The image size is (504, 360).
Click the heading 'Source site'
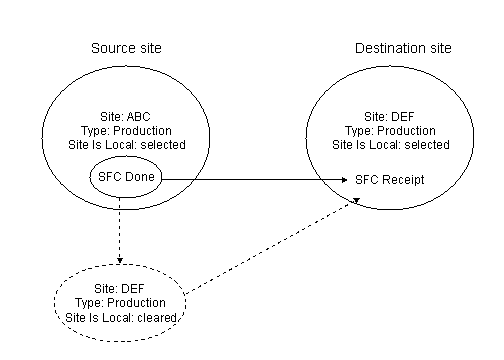125,48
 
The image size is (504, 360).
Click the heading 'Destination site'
403,48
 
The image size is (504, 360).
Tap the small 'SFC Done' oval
123,179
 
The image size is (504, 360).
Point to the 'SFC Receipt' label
390,180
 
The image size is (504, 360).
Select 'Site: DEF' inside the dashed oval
121,288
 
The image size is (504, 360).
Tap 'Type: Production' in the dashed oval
121,302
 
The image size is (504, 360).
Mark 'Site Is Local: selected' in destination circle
392,146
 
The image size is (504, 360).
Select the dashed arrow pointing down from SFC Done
119,230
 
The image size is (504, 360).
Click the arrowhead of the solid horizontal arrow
345,180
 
